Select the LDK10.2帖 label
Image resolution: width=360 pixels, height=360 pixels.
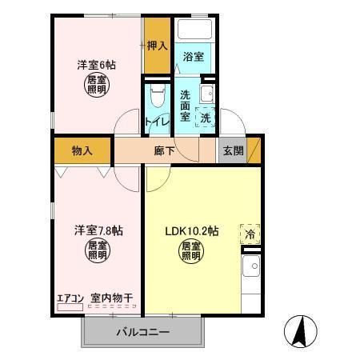[191, 231]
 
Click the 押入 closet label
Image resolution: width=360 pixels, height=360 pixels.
[157, 45]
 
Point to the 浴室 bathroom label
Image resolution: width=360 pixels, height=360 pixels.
[193, 58]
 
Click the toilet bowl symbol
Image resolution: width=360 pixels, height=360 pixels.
[157, 98]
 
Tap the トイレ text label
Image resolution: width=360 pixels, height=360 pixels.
[157, 122]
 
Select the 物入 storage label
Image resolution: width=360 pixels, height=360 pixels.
[82, 150]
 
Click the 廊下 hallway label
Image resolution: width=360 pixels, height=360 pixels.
[165, 150]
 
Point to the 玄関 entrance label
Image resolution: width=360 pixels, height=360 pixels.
[234, 150]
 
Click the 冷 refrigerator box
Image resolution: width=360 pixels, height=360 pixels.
[250, 234]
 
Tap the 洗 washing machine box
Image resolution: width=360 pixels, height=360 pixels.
[206, 117]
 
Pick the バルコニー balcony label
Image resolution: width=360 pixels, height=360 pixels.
[143, 332]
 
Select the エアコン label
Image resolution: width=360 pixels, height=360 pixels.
[70, 300]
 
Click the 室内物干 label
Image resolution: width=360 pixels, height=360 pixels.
[111, 300]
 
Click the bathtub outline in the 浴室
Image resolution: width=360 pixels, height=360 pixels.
[194, 31]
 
